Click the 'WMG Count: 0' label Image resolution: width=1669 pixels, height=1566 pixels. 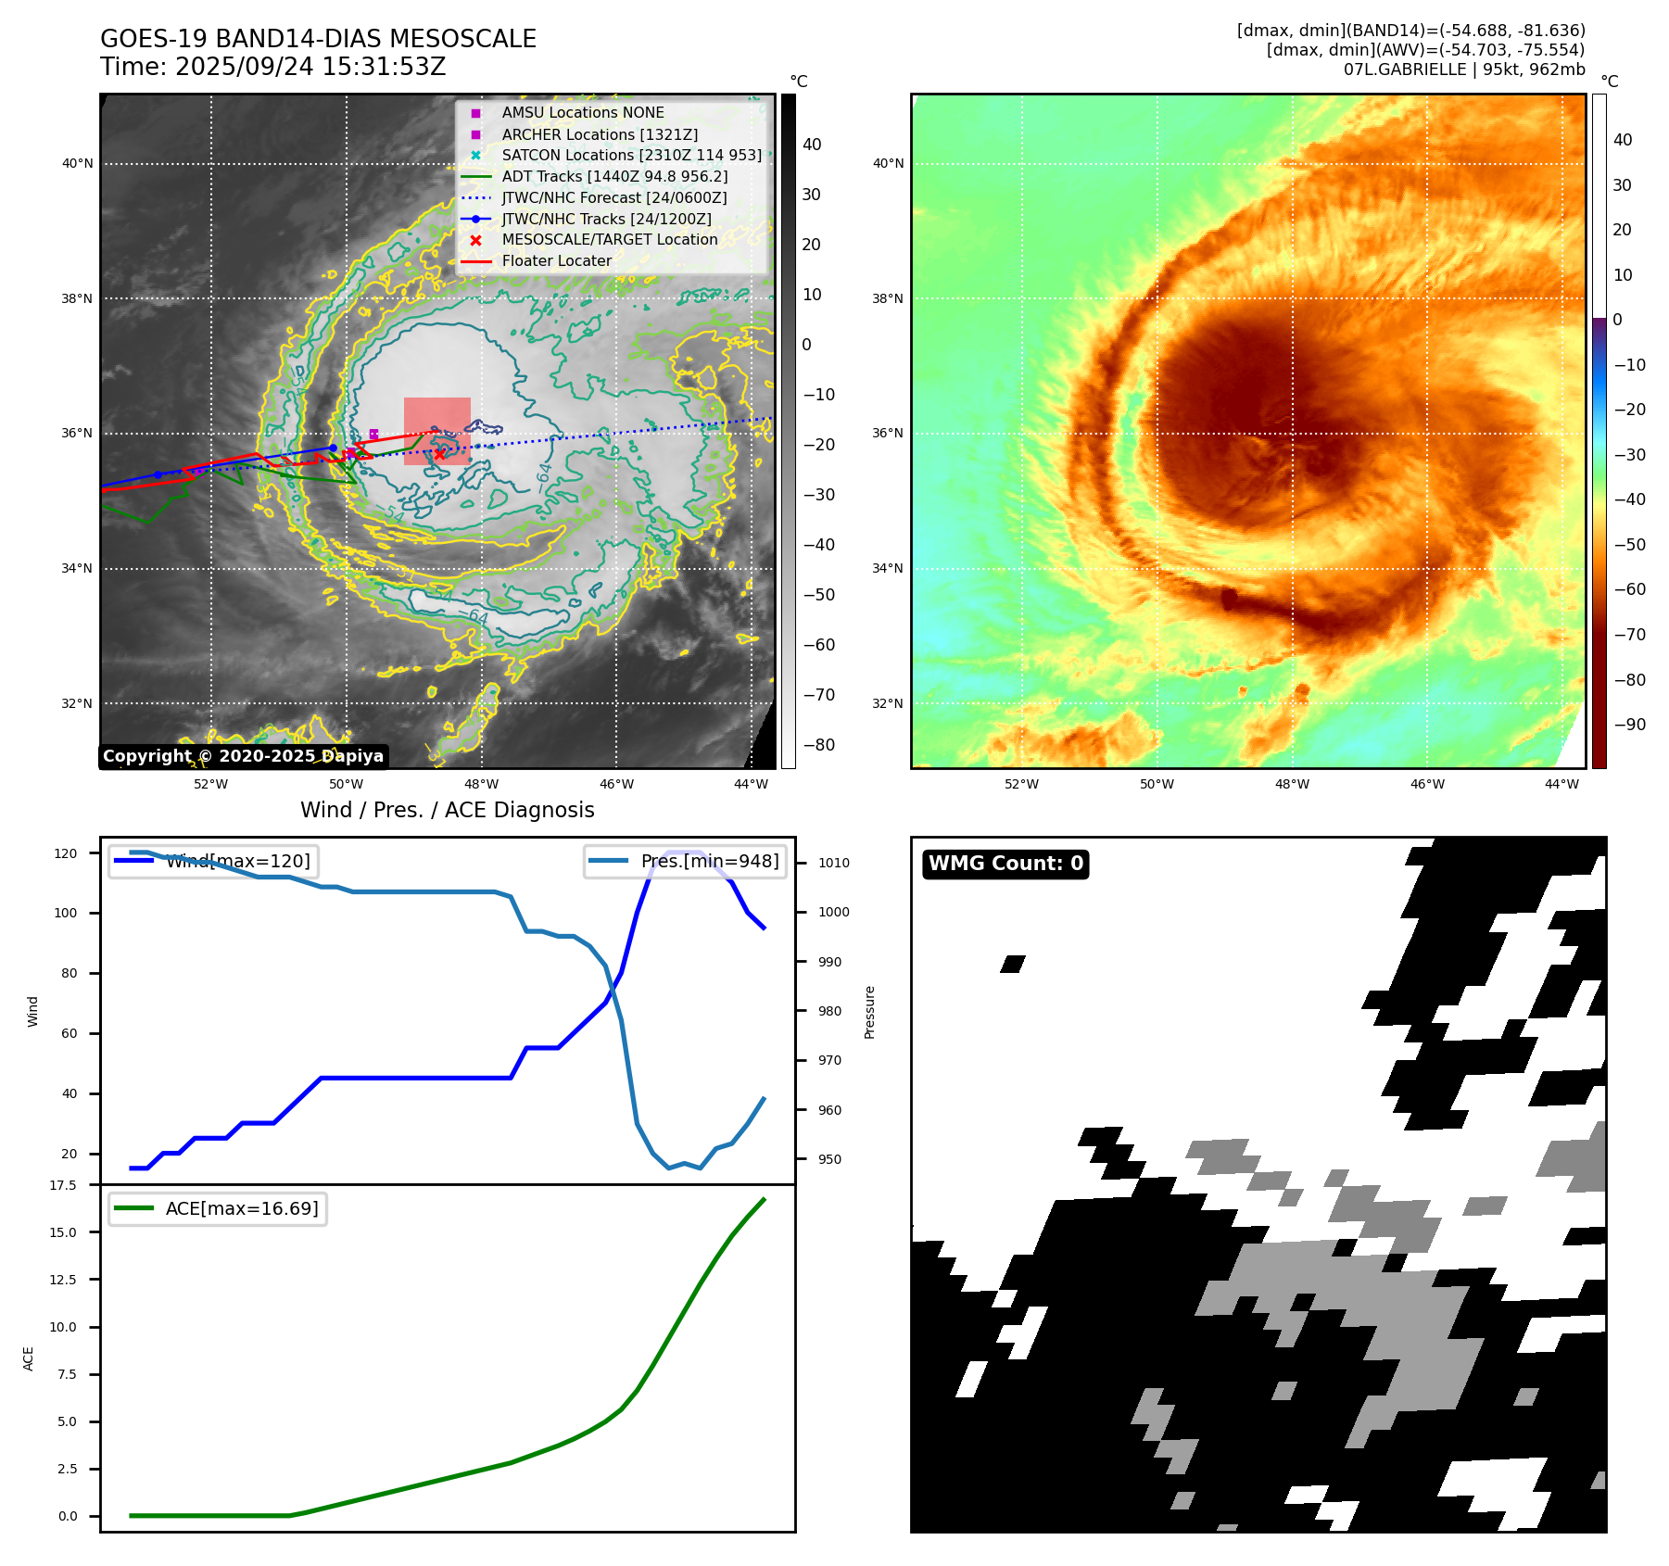coord(1005,864)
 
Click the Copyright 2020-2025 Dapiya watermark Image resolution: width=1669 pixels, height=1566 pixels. coord(243,756)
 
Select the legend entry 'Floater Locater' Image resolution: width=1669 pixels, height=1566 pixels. coord(556,261)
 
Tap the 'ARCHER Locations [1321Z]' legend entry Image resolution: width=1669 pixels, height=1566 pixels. coord(600,134)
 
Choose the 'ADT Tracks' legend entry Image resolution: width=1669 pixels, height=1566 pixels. coord(614,176)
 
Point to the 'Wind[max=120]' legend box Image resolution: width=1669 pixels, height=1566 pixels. coord(212,861)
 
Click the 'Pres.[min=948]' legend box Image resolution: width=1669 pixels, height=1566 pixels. coord(686,861)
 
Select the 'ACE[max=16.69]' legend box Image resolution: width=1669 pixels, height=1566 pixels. coord(218,1208)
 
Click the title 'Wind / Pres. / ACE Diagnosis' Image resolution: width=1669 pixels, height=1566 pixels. coord(447,810)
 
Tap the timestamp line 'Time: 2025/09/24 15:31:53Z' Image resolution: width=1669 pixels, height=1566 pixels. coord(272,67)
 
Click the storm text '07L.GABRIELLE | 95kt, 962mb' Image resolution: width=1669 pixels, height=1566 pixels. coord(1464,69)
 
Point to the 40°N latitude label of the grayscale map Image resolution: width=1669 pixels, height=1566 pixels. coord(78,164)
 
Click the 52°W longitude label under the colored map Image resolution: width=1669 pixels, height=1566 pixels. coord(1021,784)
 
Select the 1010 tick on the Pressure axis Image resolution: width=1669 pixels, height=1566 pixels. coord(833,863)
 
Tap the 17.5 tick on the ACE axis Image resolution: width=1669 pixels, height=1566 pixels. coord(63,1185)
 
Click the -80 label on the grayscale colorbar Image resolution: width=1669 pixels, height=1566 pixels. coord(818,745)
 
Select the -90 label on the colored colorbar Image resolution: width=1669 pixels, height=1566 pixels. coord(1629,725)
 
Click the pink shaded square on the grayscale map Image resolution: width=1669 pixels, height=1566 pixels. coord(436,431)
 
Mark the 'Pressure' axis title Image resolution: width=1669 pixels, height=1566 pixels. coord(869,1012)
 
